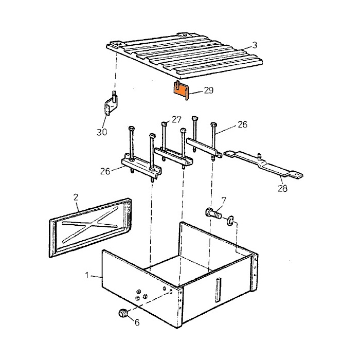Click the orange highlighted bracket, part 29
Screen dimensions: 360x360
pyautogui.click(x=181, y=90)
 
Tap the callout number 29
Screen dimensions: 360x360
pyautogui.click(x=208, y=90)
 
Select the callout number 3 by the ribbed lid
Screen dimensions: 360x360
pyautogui.click(x=255, y=45)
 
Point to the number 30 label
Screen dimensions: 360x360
pyautogui.click(x=102, y=132)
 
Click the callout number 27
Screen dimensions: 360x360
pyautogui.click(x=176, y=120)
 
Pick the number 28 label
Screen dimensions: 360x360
pyautogui.click(x=282, y=189)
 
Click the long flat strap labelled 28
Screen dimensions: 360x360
pyautogui.click(x=263, y=164)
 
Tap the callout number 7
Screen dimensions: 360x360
pyautogui.click(x=223, y=201)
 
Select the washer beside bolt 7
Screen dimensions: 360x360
pyautogui.click(x=230, y=220)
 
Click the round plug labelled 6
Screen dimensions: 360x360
pyautogui.click(x=123, y=313)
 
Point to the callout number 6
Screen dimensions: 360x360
pyautogui.click(x=137, y=322)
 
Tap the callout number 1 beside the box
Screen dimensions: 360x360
pyautogui.click(x=87, y=275)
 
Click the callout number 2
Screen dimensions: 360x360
pyautogui.click(x=76, y=197)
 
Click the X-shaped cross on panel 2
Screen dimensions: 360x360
pyautogui.click(x=90, y=224)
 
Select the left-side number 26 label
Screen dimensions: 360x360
pyautogui.click(x=105, y=171)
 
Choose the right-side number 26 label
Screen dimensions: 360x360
pyautogui.click(x=242, y=124)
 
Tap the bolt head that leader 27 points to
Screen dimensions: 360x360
pyautogui.click(x=164, y=124)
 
